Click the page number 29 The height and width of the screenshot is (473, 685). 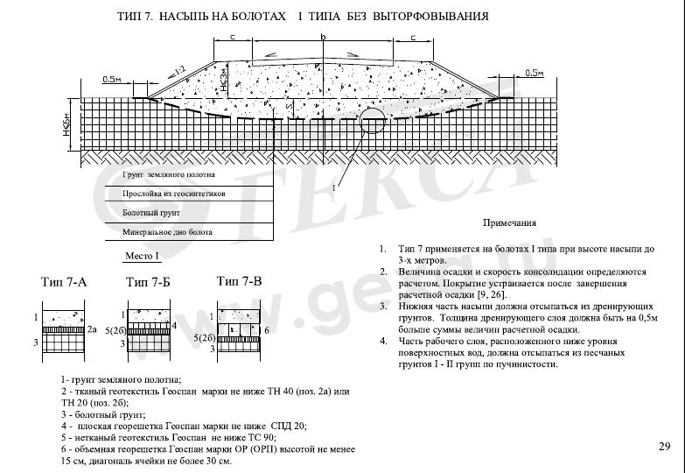coord(664,447)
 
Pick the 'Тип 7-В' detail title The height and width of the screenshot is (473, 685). coord(239,281)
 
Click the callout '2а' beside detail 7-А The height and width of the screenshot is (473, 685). coord(92,328)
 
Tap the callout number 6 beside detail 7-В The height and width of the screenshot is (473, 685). coord(266,329)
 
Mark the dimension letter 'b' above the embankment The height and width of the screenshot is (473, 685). coord(323,37)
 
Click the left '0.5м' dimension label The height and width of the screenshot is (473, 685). coord(111,79)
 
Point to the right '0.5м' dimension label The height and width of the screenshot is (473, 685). coord(534,73)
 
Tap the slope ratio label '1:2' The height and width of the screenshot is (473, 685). coord(181,70)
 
